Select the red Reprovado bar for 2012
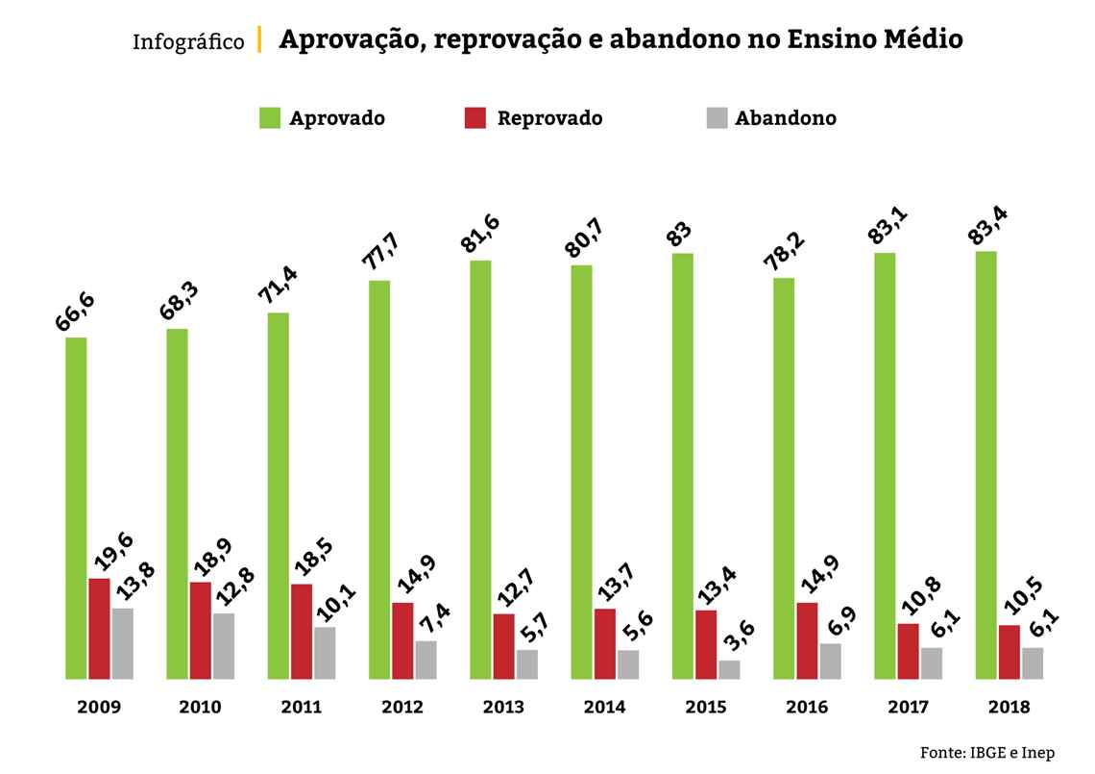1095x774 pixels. pos(402,640)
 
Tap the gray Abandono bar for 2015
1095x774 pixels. pos(729,669)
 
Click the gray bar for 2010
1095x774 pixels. pos(223,645)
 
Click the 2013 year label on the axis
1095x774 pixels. pos(503,707)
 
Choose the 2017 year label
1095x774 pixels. pos(908,707)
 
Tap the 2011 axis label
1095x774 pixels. pos(302,707)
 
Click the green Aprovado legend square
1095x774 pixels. pos(269,118)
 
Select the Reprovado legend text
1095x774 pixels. pos(549,118)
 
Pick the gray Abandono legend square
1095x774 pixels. pos(717,118)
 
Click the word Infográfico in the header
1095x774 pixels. pos(188,42)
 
